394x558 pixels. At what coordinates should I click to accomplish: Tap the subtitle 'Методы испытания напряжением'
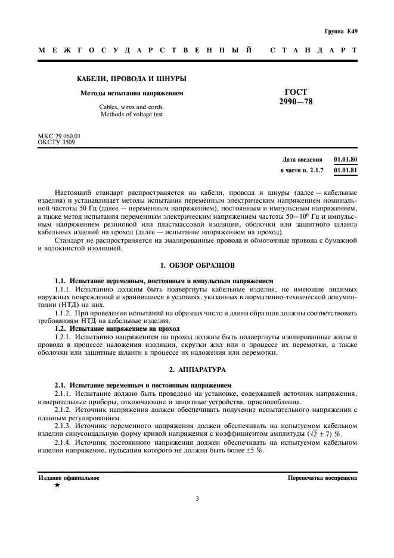click(132, 93)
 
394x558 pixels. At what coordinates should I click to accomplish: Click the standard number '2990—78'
click(296, 102)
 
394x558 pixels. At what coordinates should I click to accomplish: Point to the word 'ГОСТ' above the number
click(296, 92)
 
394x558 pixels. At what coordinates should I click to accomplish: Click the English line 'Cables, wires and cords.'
click(132, 107)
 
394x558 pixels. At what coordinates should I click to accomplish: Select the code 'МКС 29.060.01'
click(59, 136)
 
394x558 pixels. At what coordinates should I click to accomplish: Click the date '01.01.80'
click(346, 160)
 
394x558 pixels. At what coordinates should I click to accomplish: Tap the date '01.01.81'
click(346, 170)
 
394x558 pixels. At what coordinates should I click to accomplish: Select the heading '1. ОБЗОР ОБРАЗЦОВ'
click(197, 263)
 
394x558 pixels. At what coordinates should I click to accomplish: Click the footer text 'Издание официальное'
click(69, 478)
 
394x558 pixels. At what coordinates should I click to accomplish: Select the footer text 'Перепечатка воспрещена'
click(322, 478)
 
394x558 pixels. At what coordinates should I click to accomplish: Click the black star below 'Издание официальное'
click(57, 486)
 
